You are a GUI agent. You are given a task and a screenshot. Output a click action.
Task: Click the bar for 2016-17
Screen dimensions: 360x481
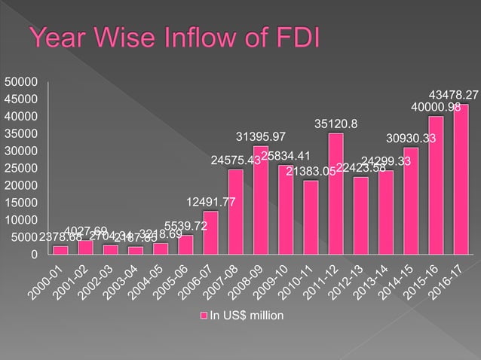click(x=461, y=179)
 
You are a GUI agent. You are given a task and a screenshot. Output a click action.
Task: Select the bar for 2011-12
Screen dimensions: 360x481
click(x=335, y=194)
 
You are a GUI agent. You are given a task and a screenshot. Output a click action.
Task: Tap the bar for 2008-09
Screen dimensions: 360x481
click(x=261, y=200)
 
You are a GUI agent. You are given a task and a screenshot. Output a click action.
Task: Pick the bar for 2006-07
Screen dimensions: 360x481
click(x=211, y=233)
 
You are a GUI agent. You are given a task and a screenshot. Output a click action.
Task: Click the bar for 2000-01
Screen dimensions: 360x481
click(x=61, y=250)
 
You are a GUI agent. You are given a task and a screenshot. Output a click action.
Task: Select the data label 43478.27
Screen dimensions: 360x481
click(x=453, y=95)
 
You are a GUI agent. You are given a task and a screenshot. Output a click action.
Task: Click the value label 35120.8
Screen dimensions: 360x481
click(x=336, y=124)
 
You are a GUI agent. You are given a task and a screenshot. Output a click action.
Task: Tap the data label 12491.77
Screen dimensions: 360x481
click(x=212, y=201)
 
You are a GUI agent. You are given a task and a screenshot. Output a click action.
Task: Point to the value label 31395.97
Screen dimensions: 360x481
click(x=261, y=136)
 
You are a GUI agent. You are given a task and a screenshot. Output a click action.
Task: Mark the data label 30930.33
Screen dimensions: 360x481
click(x=411, y=138)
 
